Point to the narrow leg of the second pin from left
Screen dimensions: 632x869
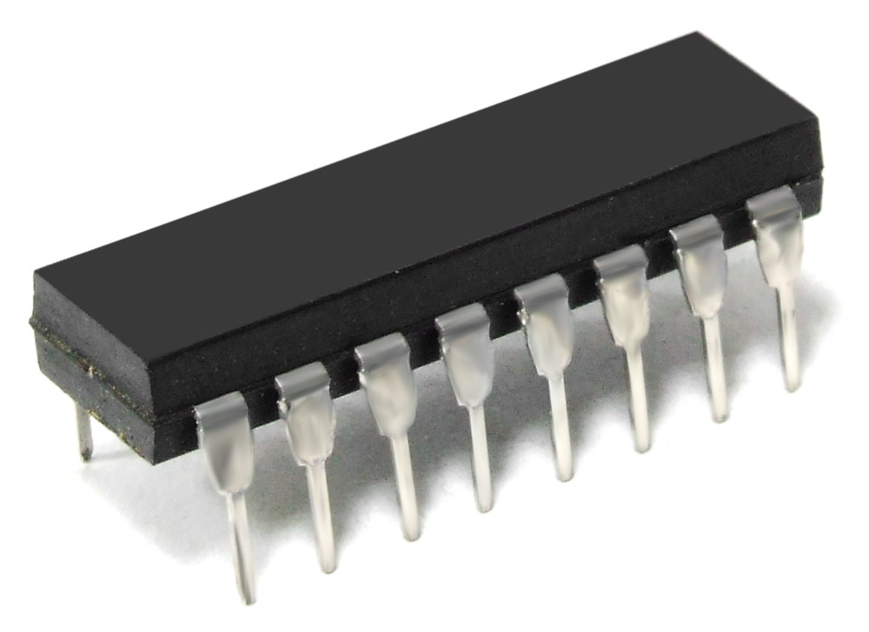click(x=322, y=521)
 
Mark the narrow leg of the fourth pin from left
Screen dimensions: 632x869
click(x=481, y=460)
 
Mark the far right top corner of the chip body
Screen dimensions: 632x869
click(x=695, y=35)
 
